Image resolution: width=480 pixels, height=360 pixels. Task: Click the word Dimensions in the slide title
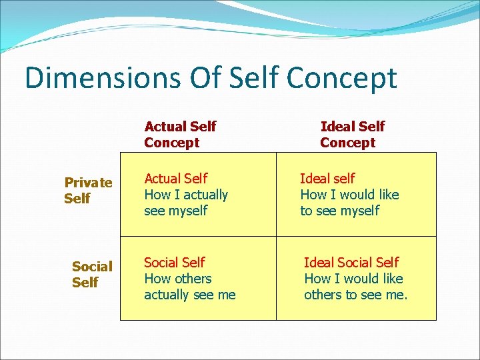click(102, 77)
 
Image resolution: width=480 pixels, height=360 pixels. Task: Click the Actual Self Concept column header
click(180, 134)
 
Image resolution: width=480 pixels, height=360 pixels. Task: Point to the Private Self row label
click(88, 190)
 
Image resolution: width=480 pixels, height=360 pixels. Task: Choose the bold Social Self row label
click(91, 274)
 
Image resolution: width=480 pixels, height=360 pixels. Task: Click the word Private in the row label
click(88, 182)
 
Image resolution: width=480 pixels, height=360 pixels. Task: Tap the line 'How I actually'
click(186, 195)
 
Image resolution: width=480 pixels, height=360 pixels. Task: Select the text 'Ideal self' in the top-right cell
click(327, 179)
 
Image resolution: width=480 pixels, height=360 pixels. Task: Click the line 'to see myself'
click(339, 211)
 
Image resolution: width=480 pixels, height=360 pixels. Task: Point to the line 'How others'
click(177, 279)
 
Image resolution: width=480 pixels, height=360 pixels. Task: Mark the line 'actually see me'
click(189, 295)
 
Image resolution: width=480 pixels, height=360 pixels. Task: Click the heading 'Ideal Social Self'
click(351, 263)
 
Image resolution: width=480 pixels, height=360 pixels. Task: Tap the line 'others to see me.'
click(355, 295)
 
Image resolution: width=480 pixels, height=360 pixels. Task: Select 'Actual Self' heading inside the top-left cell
click(175, 179)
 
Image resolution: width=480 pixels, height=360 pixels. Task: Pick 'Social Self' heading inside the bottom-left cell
click(174, 263)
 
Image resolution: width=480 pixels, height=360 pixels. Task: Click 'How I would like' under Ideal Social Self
click(353, 279)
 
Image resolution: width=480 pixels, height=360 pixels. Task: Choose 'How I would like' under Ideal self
click(349, 195)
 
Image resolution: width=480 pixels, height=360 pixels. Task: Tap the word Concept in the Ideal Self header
click(347, 143)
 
